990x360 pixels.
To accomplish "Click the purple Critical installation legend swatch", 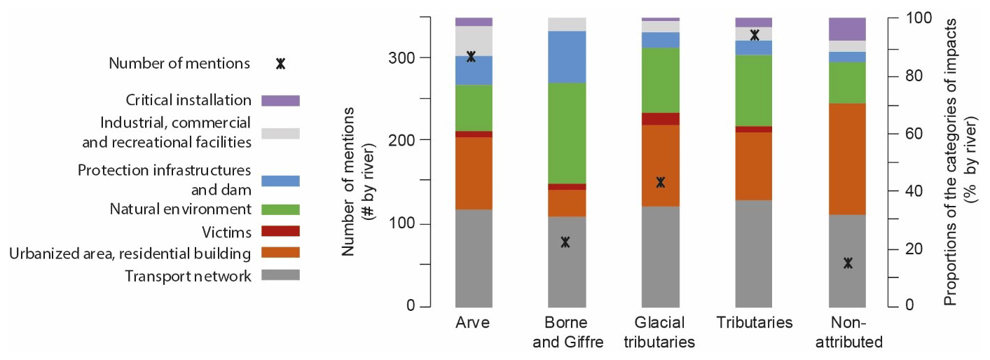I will (280, 101).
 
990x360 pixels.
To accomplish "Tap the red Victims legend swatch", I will (280, 230).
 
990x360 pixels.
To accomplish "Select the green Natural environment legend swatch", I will (280, 209).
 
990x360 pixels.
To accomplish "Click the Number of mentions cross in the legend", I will (280, 64).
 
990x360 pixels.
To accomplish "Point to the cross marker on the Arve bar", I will (471, 57).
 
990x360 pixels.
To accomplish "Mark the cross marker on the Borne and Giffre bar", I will (565, 242).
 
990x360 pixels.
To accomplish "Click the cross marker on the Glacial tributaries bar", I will (660, 183).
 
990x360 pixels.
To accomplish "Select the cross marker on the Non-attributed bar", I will (848, 263).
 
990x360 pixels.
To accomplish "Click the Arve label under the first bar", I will (474, 323).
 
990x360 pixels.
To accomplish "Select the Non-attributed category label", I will (848, 332).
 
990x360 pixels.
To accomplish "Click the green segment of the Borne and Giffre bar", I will (566, 133).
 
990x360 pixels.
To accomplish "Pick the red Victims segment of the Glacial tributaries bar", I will (660, 118).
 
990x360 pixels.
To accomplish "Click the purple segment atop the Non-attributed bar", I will (848, 29).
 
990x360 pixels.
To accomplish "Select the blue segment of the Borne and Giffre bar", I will (566, 57).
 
